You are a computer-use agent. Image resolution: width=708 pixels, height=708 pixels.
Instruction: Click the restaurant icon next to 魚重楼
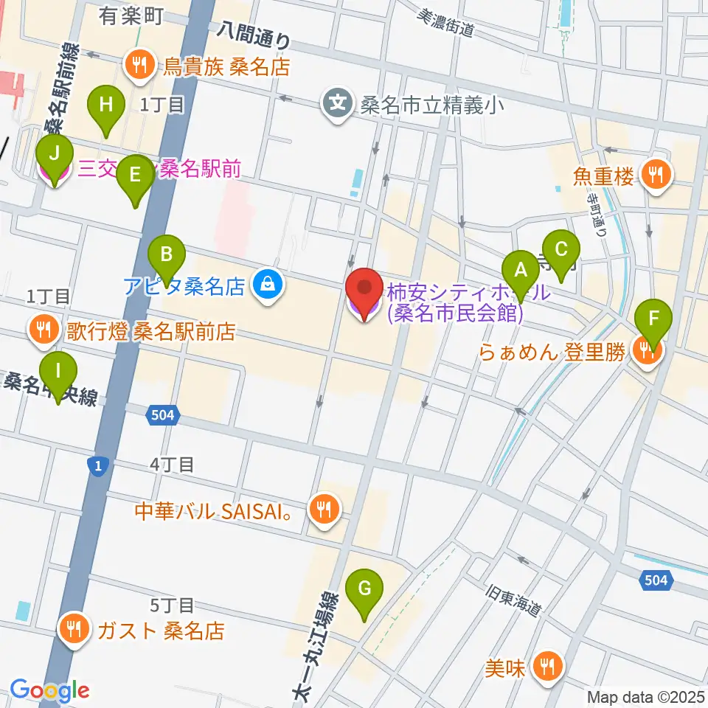[x=655, y=175]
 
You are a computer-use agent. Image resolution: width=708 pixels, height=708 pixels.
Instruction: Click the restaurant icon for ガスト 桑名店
[x=75, y=630]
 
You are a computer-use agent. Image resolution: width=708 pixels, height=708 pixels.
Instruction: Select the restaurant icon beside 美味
[x=547, y=667]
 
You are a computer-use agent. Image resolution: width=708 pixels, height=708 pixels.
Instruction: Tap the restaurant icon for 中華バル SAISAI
[x=322, y=507]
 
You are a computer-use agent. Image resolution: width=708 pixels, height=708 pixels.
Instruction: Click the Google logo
[x=49, y=691]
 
